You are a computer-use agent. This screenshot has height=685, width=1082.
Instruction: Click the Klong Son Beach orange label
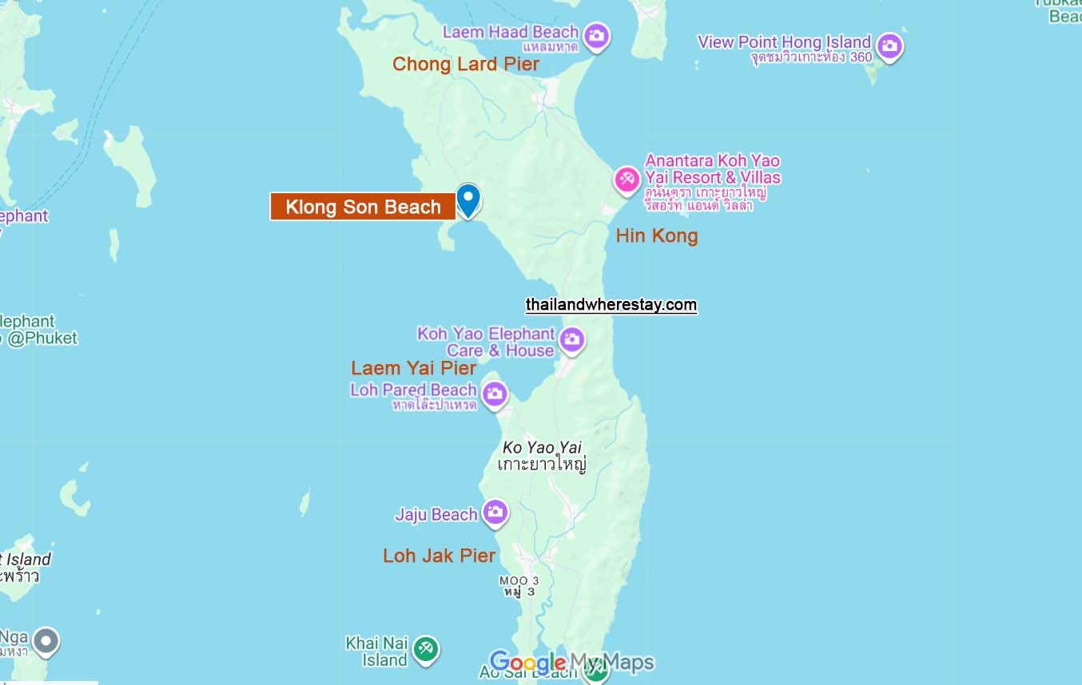[x=363, y=207]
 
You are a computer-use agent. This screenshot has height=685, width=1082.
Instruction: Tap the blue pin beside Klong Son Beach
[x=468, y=199]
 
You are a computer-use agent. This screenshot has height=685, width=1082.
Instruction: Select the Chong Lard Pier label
[x=466, y=64]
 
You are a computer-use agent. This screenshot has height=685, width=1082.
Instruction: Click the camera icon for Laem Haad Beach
[x=596, y=35]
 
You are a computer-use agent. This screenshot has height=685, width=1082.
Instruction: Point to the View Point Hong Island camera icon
[x=889, y=46]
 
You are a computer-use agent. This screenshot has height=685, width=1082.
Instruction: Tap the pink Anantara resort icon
[x=627, y=179]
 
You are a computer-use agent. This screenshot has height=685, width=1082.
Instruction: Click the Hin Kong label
[x=657, y=236]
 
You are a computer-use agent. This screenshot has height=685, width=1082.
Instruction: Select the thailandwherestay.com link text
[x=611, y=304]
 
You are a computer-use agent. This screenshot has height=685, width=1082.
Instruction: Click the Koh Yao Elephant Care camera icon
[x=571, y=340]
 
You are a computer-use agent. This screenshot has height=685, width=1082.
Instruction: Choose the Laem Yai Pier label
[x=414, y=368]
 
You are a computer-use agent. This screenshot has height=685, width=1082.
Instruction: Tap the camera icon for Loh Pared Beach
[x=495, y=393]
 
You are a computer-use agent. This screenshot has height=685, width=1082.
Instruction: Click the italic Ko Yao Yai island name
[x=543, y=447]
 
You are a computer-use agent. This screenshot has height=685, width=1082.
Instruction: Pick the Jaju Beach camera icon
[x=495, y=513]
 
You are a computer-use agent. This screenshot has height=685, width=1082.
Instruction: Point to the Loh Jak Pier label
[x=440, y=556]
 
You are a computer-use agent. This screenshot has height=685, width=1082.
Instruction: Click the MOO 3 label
[x=519, y=580]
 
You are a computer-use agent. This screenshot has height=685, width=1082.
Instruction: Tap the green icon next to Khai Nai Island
[x=426, y=648]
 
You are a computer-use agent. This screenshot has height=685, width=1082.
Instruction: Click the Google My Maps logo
[x=571, y=662]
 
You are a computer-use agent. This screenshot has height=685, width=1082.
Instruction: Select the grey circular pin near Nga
[x=46, y=640]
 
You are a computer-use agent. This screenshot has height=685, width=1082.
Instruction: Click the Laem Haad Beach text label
[x=511, y=32]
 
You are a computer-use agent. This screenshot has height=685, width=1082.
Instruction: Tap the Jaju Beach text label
[x=436, y=515]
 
